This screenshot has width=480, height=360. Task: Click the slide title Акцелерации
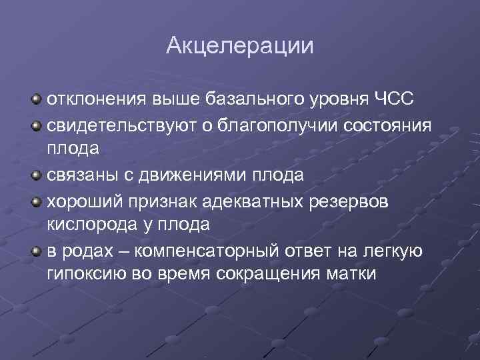point(239,45)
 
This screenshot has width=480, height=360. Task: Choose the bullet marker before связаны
point(35,175)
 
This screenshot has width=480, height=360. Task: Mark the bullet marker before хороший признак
point(35,201)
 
